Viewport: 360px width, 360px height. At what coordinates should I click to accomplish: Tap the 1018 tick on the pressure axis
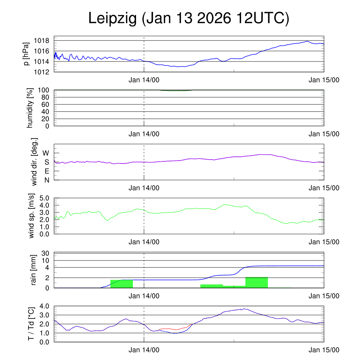pyautogui.click(x=44, y=41)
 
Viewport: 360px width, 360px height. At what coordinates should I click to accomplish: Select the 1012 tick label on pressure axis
pyautogui.click(x=44, y=72)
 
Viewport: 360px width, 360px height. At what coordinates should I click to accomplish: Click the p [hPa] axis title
pyautogui.click(x=26, y=55)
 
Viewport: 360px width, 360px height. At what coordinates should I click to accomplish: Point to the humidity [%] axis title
pyautogui.click(x=30, y=108)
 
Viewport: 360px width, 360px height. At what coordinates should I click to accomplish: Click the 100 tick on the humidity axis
pyautogui.click(x=47, y=90)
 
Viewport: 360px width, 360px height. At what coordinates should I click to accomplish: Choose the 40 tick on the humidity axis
pyautogui.click(x=49, y=112)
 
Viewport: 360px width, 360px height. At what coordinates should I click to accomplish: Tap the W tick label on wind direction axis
pyautogui.click(x=46, y=153)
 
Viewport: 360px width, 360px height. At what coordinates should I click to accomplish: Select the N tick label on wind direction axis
pyautogui.click(x=46, y=180)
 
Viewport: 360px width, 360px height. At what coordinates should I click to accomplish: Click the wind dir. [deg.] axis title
pyautogui.click(x=34, y=162)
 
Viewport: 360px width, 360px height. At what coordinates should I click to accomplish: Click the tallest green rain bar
pyautogui.click(x=257, y=282)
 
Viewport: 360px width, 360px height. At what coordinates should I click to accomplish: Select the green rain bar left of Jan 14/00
pyautogui.click(x=122, y=284)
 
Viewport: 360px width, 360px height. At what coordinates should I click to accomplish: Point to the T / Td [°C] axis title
pyautogui.click(x=32, y=324)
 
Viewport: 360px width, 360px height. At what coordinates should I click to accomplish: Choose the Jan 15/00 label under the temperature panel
pyautogui.click(x=324, y=350)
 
